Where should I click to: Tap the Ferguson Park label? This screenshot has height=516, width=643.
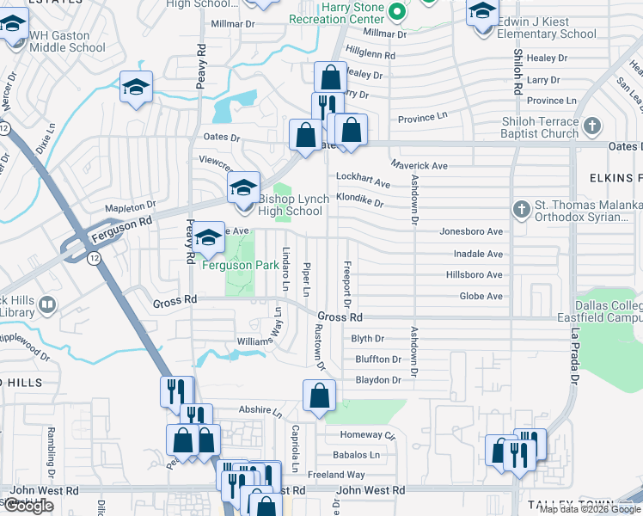point(240,265)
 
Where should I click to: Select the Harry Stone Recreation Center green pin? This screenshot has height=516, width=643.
point(396,12)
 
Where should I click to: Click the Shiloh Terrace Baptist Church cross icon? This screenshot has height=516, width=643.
point(591,127)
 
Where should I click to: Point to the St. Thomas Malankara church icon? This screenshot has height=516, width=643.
point(520,209)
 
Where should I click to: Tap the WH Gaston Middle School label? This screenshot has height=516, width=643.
point(67,41)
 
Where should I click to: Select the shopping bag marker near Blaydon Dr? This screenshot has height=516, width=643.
point(319,396)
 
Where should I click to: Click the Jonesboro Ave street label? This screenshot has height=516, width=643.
point(471,231)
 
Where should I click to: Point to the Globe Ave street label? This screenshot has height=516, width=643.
point(481,297)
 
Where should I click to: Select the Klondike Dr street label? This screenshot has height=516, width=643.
point(359,200)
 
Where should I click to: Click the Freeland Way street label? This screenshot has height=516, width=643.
point(336,475)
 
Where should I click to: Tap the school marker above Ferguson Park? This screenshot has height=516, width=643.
point(207,238)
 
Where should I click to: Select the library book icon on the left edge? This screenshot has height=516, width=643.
point(48,304)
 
